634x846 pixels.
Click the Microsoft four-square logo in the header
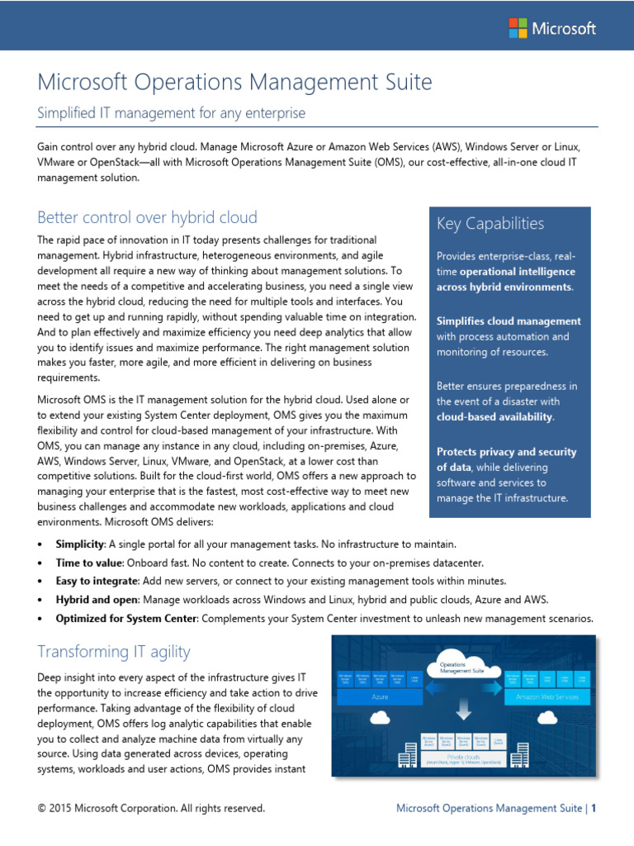tap(517, 28)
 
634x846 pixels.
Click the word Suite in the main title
tap(405, 83)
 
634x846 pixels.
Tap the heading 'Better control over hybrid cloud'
tap(148, 217)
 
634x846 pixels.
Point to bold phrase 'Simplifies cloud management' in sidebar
tap(509, 321)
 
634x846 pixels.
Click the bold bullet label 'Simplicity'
tap(79, 544)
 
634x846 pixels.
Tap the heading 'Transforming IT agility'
tap(114, 652)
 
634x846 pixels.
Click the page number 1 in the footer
tap(593, 808)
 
